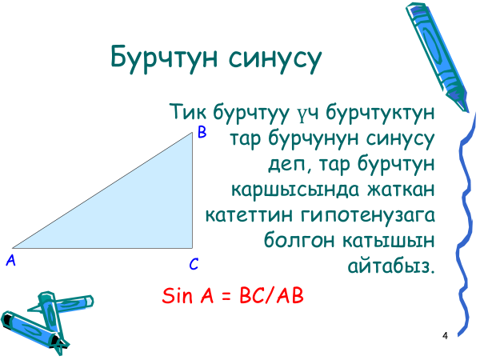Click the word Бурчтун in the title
pyautogui.click(x=164, y=58)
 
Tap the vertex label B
pyautogui.click(x=202, y=132)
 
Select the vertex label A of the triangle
pyautogui.click(x=10, y=261)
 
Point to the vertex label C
pyautogui.click(x=194, y=264)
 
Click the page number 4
pyautogui.click(x=445, y=336)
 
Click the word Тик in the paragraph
pyautogui.click(x=188, y=111)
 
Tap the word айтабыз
pyautogui.click(x=391, y=266)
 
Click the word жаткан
pyautogui.click(x=401, y=190)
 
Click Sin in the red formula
pyautogui.click(x=178, y=295)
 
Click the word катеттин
pyautogui.click(x=249, y=215)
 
